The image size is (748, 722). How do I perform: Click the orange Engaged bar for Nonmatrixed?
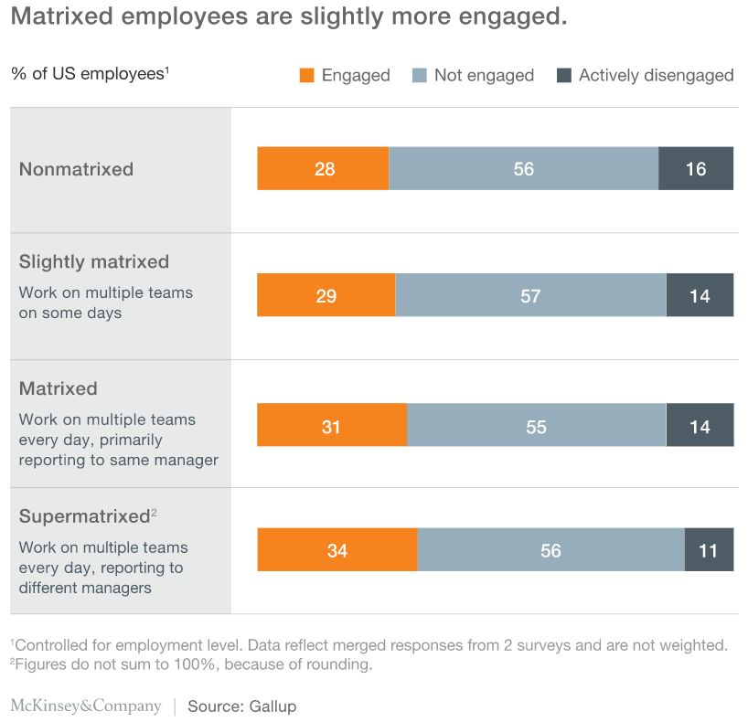tap(323, 169)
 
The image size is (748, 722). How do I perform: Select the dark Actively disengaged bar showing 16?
tap(696, 169)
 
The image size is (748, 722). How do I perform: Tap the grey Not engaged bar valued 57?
tap(530, 296)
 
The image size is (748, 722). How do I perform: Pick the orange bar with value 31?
tap(332, 427)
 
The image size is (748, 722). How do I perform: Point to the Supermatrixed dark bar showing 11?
tap(709, 551)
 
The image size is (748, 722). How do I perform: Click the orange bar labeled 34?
tap(337, 551)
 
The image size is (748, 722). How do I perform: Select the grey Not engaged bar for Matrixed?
tap(536, 427)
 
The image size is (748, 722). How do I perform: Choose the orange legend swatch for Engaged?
tap(307, 76)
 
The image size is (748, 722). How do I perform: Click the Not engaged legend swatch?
tap(420, 76)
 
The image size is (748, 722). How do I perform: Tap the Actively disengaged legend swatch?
tap(564, 76)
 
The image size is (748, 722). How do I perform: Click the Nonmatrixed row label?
tap(76, 169)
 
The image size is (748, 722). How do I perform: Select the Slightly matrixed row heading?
tap(94, 262)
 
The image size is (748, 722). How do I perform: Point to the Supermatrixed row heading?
tap(84, 516)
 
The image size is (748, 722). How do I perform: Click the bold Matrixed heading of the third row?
tap(58, 388)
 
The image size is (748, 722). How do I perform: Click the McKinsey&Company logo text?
tap(86, 706)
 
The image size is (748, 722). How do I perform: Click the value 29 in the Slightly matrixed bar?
tap(326, 296)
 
